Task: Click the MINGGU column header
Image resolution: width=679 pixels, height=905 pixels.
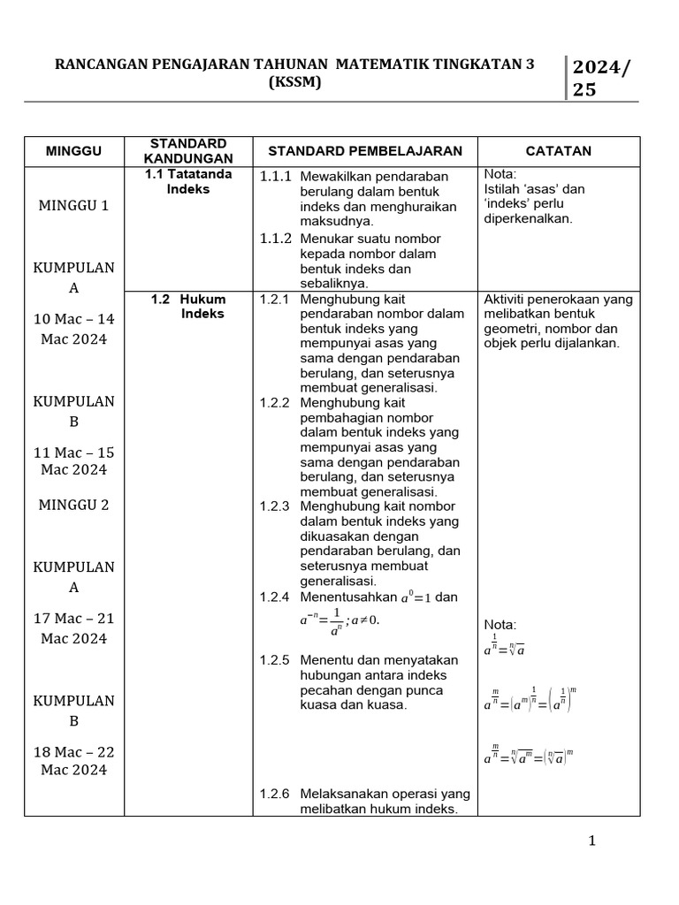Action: pos(74,151)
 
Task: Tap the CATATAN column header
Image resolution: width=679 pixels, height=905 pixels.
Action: pos(559,151)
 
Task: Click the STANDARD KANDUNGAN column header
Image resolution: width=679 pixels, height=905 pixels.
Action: pos(189,151)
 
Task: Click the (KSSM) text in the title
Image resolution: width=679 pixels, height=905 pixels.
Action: pos(294,82)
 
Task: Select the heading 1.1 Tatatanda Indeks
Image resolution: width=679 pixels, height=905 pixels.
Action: pos(189,181)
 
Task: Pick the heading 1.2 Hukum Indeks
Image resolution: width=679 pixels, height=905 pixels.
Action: pos(189,307)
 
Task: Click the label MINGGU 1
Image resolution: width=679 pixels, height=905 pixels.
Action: pos(74,205)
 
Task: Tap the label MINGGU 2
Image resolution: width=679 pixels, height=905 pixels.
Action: pos(74,505)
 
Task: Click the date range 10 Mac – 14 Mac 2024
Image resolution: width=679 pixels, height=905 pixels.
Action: pos(74,329)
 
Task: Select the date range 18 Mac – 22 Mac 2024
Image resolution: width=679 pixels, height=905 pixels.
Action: pos(74,761)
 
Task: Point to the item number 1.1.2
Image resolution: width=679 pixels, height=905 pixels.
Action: pos(276,239)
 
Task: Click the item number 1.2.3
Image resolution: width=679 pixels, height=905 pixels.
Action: pos(276,506)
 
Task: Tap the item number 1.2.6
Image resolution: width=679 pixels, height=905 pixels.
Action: pos(276,793)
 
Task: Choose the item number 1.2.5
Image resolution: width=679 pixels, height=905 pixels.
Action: pos(276,660)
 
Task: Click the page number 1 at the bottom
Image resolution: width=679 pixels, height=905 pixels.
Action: pos(592,840)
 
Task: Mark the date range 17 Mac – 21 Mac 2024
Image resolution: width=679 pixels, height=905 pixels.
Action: pos(74,627)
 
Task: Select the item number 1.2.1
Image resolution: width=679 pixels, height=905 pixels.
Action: pos(276,300)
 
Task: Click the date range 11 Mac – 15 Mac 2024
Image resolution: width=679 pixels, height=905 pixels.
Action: pos(74,460)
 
